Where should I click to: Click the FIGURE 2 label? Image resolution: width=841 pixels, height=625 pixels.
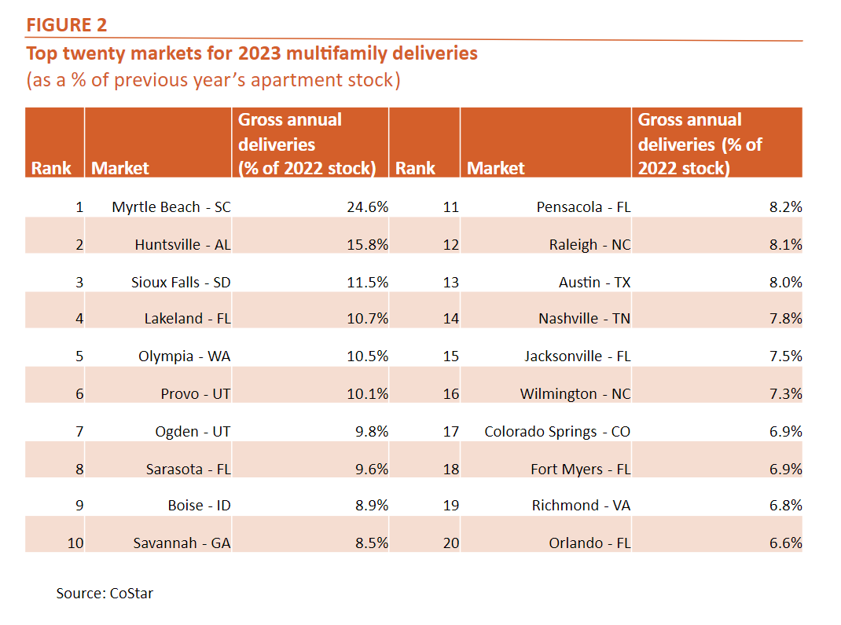[67, 25]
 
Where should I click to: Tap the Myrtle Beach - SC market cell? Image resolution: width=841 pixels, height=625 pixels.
[171, 207]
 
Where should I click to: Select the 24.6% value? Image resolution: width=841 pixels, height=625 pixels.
[367, 207]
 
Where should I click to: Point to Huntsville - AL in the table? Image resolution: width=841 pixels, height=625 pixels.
[182, 244]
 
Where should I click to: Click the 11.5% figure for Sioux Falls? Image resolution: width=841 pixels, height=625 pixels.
[367, 282]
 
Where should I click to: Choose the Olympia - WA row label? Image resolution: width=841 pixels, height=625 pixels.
[185, 356]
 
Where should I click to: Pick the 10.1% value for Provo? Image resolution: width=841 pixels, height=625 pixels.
[367, 393]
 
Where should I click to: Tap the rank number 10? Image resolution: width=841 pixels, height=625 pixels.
[75, 543]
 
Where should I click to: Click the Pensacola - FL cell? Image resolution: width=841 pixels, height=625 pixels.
[583, 207]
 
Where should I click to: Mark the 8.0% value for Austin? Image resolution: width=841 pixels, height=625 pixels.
[783, 282]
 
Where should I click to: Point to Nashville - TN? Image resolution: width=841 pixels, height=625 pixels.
[584, 319]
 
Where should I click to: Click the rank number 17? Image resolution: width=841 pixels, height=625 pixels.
[450, 431]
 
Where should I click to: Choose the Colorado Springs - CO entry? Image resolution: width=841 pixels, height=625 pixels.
[557, 431]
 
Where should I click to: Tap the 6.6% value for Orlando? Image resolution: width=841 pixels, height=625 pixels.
[783, 543]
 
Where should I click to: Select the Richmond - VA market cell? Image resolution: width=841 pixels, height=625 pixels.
[581, 505]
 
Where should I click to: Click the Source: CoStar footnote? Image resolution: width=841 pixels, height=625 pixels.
[105, 594]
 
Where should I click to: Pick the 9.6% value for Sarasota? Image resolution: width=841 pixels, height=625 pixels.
[367, 469]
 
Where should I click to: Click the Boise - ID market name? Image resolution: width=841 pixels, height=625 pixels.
[199, 505]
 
